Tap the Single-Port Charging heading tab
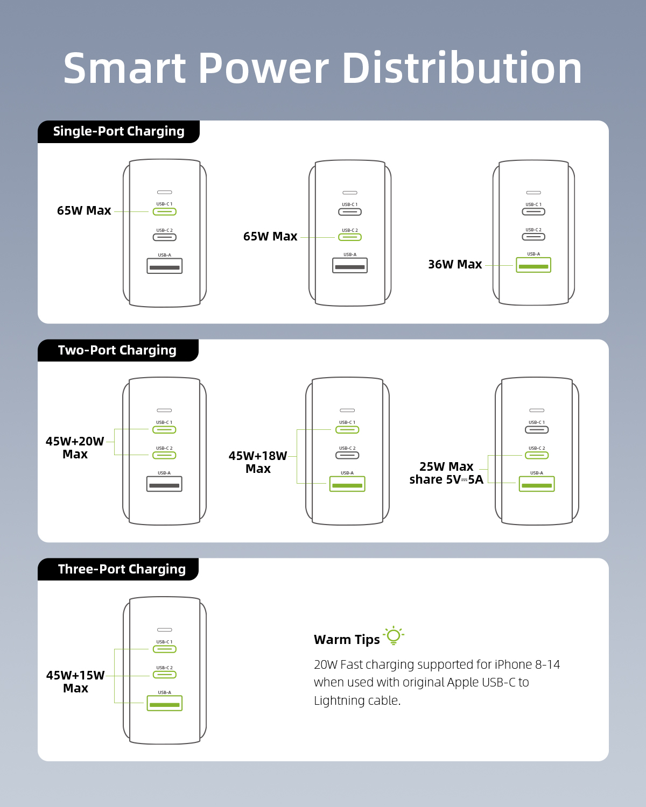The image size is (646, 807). [x=118, y=132]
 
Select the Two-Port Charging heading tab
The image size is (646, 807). [x=118, y=350]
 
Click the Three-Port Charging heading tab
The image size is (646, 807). [x=118, y=569]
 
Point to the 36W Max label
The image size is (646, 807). [x=455, y=264]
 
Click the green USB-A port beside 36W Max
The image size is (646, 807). [x=533, y=265]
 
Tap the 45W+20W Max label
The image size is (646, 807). [x=75, y=448]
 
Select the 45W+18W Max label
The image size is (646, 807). [x=258, y=462]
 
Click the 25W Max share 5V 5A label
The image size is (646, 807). [x=446, y=473]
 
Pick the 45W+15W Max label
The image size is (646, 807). [x=75, y=682]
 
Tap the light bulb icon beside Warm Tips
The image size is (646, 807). [x=394, y=635]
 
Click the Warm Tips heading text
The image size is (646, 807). [x=347, y=640]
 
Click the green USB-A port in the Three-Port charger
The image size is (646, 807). [x=164, y=703]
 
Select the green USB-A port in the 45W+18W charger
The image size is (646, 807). [x=347, y=484]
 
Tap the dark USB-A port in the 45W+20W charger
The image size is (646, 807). [x=164, y=484]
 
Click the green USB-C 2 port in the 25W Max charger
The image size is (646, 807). [x=537, y=455]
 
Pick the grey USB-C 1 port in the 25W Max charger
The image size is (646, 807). [x=537, y=430]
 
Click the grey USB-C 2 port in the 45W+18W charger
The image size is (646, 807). [x=347, y=455]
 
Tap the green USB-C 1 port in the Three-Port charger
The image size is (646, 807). [x=164, y=649]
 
